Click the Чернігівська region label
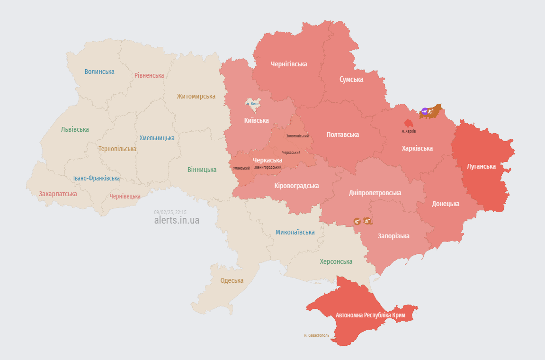pos(289,64)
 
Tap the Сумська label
pos(351,80)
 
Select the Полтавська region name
pos(343,135)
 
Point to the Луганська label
pos(481,166)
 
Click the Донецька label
pos(446,204)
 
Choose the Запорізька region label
pos(393,236)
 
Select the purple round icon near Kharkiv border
pos(425,111)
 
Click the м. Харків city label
pos(409,131)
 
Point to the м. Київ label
pos(252,104)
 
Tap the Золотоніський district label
pos(297,136)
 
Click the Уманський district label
pos(241,168)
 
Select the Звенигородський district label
pos(268,167)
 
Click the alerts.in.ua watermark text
pos(177,220)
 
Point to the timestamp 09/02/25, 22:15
pos(170,212)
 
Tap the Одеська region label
pos(232,280)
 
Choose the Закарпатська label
pos(58,194)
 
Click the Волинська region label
pos(99,72)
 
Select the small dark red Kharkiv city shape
pos(408,123)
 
